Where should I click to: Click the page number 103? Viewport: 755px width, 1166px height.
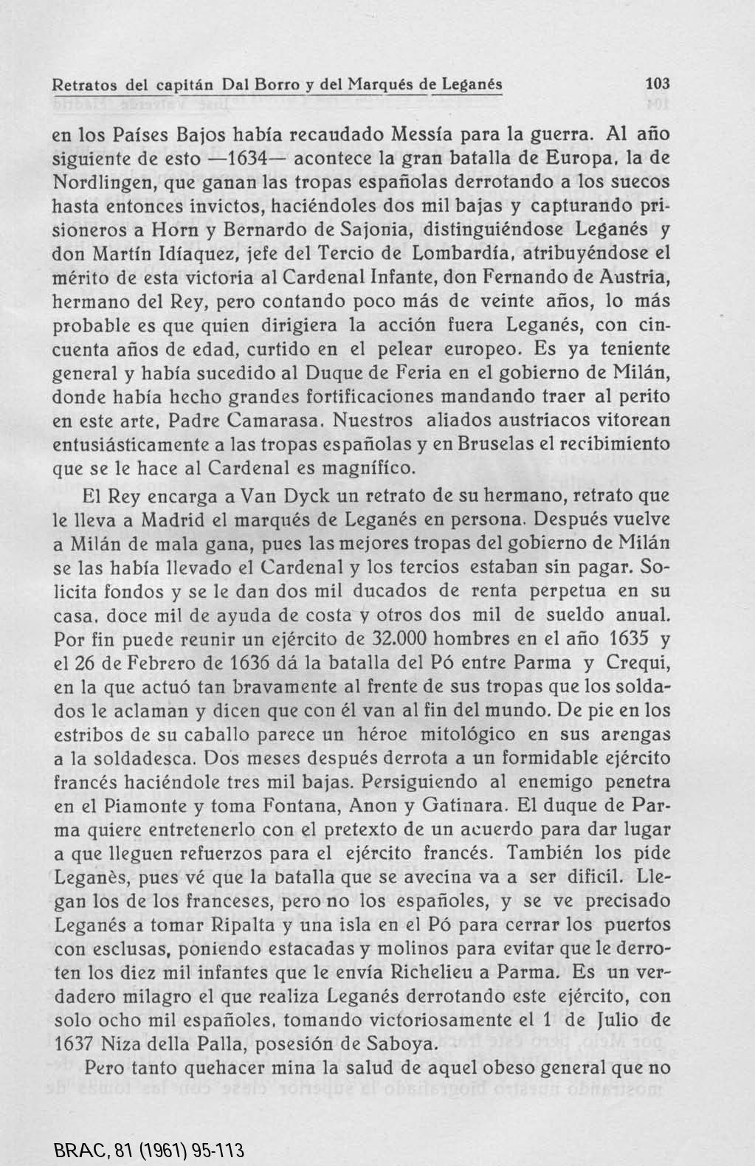[656, 83]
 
